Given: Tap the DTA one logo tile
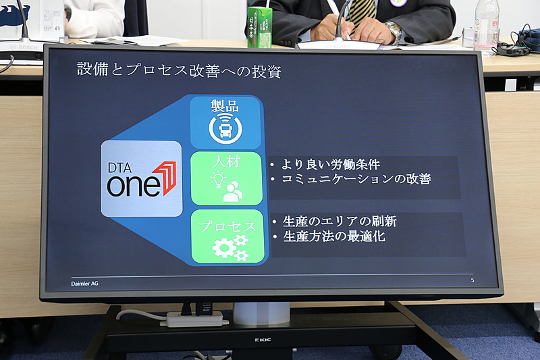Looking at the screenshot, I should (x=141, y=179).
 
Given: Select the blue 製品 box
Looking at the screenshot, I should (x=225, y=122).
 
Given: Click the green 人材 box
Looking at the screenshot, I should (x=226, y=178).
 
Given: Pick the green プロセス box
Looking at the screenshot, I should (x=227, y=236).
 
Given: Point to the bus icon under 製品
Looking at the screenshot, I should (x=225, y=129).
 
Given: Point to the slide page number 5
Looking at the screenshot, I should (x=472, y=280).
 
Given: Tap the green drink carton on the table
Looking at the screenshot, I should (x=259, y=28).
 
